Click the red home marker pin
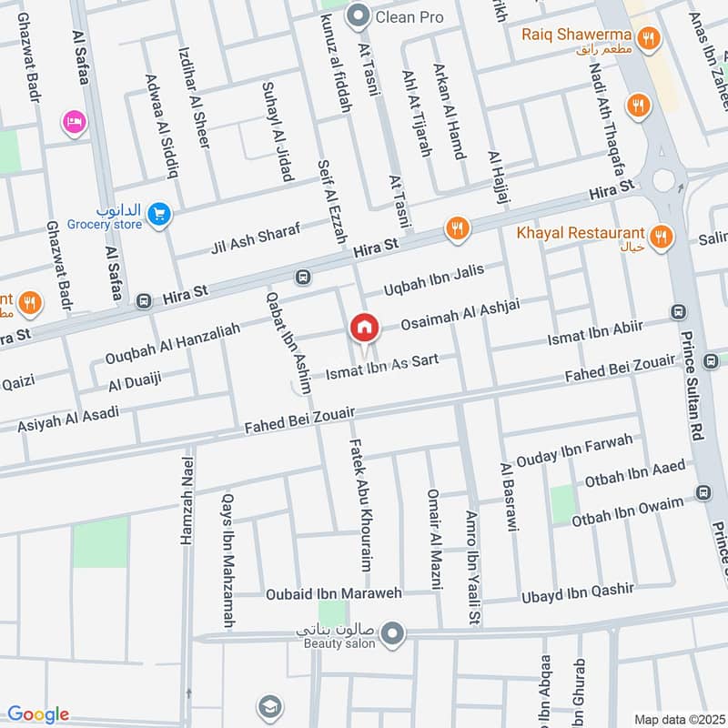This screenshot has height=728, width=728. click(x=364, y=329)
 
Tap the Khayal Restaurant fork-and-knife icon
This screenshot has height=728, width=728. click(x=661, y=236)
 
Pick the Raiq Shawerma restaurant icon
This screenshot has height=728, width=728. click(x=647, y=37)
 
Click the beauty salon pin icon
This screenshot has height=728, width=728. click(x=392, y=633)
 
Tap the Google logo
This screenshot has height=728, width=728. click(x=38, y=714)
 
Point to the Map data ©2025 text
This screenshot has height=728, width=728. click(x=677, y=719)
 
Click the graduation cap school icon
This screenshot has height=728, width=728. click(x=268, y=706)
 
